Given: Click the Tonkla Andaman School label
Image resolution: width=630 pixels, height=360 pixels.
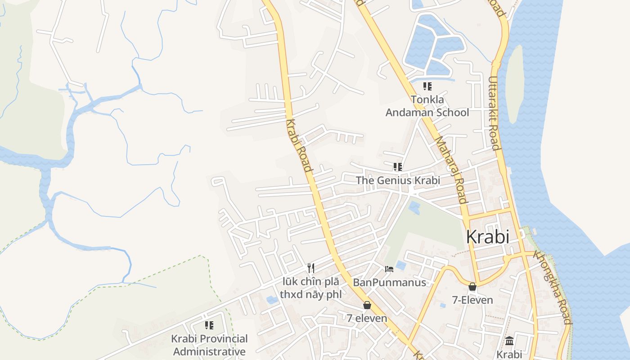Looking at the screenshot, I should click(x=427, y=106).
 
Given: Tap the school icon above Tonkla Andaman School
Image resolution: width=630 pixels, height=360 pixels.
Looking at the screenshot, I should click(x=427, y=86).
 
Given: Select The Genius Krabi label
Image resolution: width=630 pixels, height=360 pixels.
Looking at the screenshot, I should click(x=398, y=180).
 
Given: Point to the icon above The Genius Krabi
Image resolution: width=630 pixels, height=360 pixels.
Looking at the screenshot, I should click(x=397, y=167).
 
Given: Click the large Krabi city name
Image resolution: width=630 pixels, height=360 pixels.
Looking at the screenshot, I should click(x=488, y=237).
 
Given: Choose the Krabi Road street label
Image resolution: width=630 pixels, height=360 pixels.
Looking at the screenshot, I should click(x=299, y=146).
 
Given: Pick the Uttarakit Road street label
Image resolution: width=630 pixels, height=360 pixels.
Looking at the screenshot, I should click(x=494, y=113).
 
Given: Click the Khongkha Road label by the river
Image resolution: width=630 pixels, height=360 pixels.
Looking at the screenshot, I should click(x=553, y=287).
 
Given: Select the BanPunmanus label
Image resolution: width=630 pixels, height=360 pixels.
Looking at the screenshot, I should click(x=389, y=283).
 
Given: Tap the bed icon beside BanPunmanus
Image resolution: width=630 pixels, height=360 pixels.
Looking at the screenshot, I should click(x=389, y=269).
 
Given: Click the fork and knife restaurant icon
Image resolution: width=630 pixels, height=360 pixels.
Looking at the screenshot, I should click(x=310, y=268).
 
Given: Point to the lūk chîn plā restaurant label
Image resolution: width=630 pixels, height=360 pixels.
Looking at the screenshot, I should click(x=310, y=288).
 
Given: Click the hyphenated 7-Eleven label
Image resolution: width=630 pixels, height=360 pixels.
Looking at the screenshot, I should click(x=472, y=300).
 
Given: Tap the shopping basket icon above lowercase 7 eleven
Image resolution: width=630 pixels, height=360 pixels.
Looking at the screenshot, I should click(x=367, y=305).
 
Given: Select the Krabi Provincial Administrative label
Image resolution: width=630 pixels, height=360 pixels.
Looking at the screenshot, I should click(x=209, y=345).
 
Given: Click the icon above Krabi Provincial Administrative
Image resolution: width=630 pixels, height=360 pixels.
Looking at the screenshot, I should click(x=209, y=325).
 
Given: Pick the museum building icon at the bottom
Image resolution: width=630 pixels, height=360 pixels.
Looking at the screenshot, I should click(x=509, y=341).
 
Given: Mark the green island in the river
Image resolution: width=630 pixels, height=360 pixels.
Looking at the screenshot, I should click(x=514, y=83).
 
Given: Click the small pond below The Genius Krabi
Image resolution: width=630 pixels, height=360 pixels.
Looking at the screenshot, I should click(x=414, y=207).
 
